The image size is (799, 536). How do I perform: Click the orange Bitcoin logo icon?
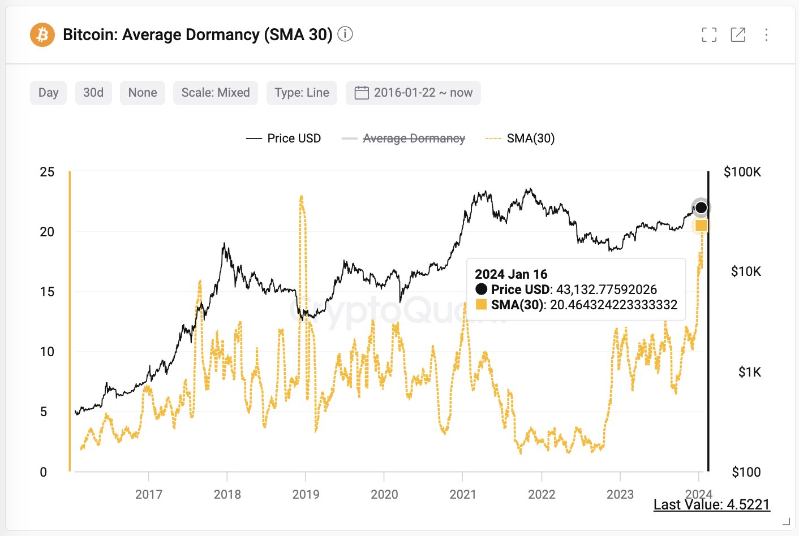pos(42,35)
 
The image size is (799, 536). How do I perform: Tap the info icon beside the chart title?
pos(345,34)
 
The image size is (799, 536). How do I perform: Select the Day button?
pos(48,93)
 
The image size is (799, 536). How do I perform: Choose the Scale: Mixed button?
pos(215,93)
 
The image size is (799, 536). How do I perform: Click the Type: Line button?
pos(302,93)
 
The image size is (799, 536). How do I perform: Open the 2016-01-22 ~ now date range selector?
pos(413,93)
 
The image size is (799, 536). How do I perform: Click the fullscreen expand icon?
pos(709,35)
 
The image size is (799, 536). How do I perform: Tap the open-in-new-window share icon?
pos(738,35)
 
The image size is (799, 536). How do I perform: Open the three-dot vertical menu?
pos(766,35)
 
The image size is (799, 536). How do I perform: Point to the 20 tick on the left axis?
pos(47,232)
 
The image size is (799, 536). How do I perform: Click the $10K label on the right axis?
pos(746,271)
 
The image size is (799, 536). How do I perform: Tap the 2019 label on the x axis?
pos(306,494)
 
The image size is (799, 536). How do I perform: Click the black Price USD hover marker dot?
pos(701,208)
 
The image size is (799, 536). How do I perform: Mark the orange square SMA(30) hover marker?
pos(701,226)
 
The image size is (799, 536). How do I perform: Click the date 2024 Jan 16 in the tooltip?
pos(511,274)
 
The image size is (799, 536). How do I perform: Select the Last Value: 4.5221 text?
pos(711,504)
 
